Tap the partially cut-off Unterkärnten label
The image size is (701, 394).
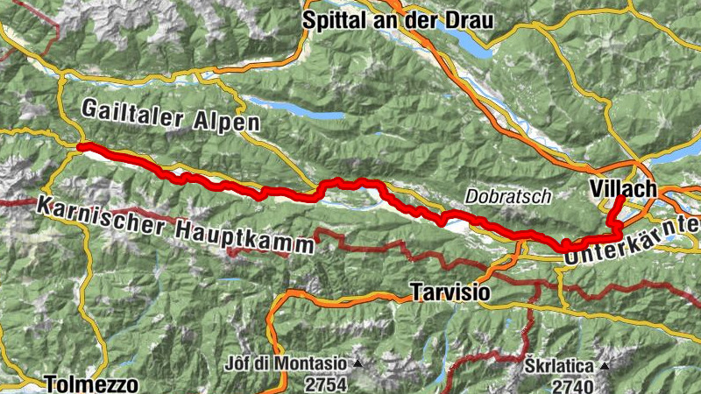click(634, 243)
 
